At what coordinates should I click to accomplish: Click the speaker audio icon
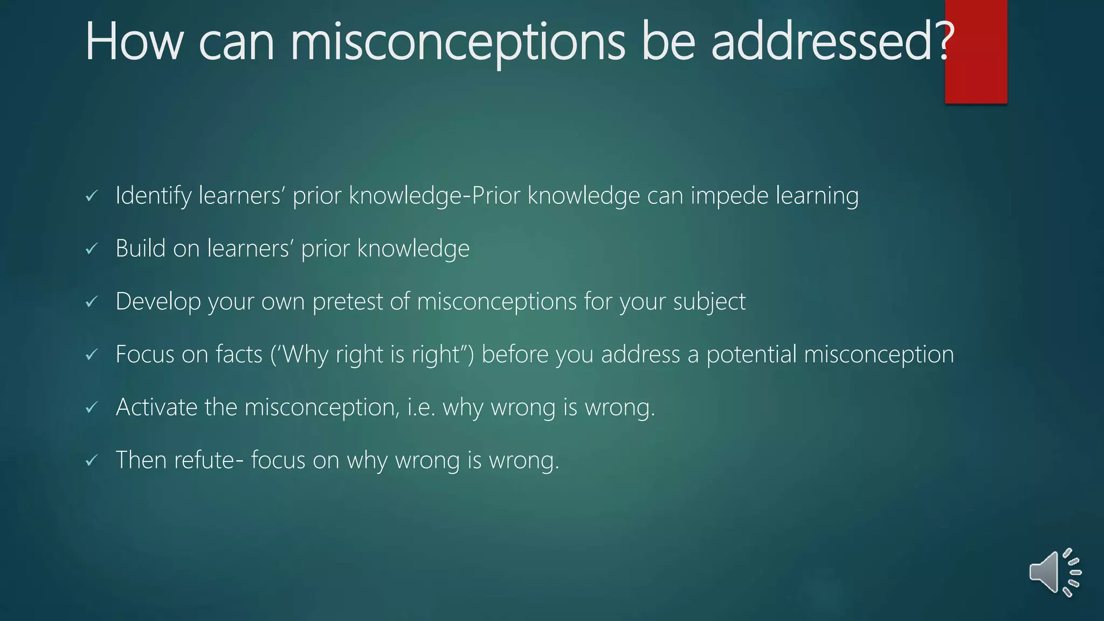1054,572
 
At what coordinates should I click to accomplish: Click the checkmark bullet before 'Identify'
92,196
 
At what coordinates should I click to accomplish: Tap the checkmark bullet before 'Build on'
92,249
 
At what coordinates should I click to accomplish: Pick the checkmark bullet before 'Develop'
92,302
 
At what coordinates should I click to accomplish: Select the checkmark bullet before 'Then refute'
92,461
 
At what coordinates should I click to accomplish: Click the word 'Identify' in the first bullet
153,195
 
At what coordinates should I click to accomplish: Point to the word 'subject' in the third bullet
709,301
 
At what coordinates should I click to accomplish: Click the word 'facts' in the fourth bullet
239,354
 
